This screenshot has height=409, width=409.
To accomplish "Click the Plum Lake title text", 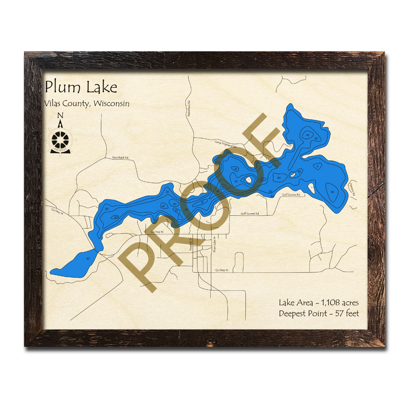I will tap(81, 87).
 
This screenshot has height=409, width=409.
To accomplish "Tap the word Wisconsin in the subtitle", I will tap(111, 104).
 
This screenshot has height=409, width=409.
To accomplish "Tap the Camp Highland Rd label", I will tap(226, 144).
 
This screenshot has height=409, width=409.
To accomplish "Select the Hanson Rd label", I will tap(353, 190).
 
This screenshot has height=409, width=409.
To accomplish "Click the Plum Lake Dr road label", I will tap(214, 244).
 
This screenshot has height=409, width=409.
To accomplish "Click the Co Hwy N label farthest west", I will tap(56, 211).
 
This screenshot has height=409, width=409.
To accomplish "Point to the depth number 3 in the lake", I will tap(317, 167).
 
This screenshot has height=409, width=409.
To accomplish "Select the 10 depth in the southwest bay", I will tap(88, 258).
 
